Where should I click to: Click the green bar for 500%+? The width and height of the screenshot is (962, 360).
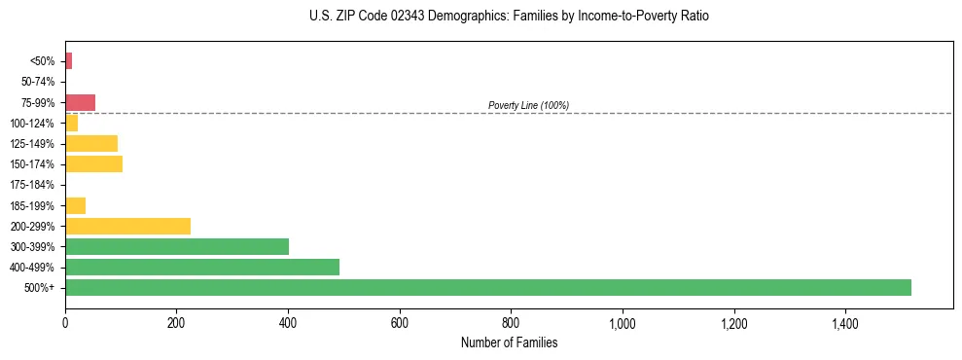(487, 287)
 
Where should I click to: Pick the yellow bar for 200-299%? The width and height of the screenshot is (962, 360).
(127, 226)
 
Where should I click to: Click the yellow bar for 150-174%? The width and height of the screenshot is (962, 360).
(93, 164)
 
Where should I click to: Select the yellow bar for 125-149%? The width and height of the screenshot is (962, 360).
(91, 144)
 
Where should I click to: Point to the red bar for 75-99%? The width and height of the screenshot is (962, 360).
(80, 102)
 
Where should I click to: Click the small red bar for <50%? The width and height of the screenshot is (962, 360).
(68, 61)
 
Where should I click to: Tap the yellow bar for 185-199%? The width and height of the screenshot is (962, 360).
(75, 205)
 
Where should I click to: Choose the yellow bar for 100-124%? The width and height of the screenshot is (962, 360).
(71, 124)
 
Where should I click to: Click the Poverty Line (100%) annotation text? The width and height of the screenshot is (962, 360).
(528, 105)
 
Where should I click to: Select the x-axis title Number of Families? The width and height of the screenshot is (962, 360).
(510, 342)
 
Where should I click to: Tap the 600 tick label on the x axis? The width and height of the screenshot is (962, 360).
(399, 323)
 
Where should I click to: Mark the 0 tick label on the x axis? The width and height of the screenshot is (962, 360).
(65, 323)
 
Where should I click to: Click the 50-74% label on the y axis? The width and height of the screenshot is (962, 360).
(38, 83)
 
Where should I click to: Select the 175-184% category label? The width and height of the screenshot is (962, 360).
(34, 185)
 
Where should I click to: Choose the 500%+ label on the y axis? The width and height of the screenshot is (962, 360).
(42, 288)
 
